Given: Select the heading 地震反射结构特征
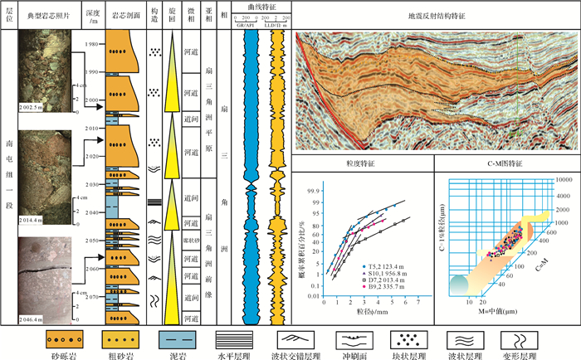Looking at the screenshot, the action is tap(434, 15).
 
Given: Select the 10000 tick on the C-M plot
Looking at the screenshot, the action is tap(564, 178).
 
